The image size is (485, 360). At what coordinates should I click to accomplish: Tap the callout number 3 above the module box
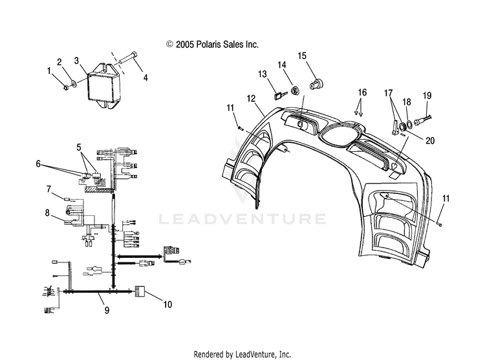click(76, 60)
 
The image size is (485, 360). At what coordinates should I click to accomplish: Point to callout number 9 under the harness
click(107, 310)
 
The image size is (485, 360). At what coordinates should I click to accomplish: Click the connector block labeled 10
click(142, 293)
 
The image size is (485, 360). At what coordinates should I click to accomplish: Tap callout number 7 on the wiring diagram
click(48, 189)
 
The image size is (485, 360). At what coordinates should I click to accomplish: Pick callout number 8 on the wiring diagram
click(48, 212)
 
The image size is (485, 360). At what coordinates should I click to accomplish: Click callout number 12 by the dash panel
click(251, 99)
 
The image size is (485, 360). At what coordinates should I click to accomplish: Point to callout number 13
click(263, 74)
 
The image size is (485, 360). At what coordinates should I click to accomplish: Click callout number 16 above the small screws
click(361, 93)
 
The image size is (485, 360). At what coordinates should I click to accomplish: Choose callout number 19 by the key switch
click(426, 96)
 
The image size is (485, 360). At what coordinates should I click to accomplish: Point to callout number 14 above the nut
click(282, 65)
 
